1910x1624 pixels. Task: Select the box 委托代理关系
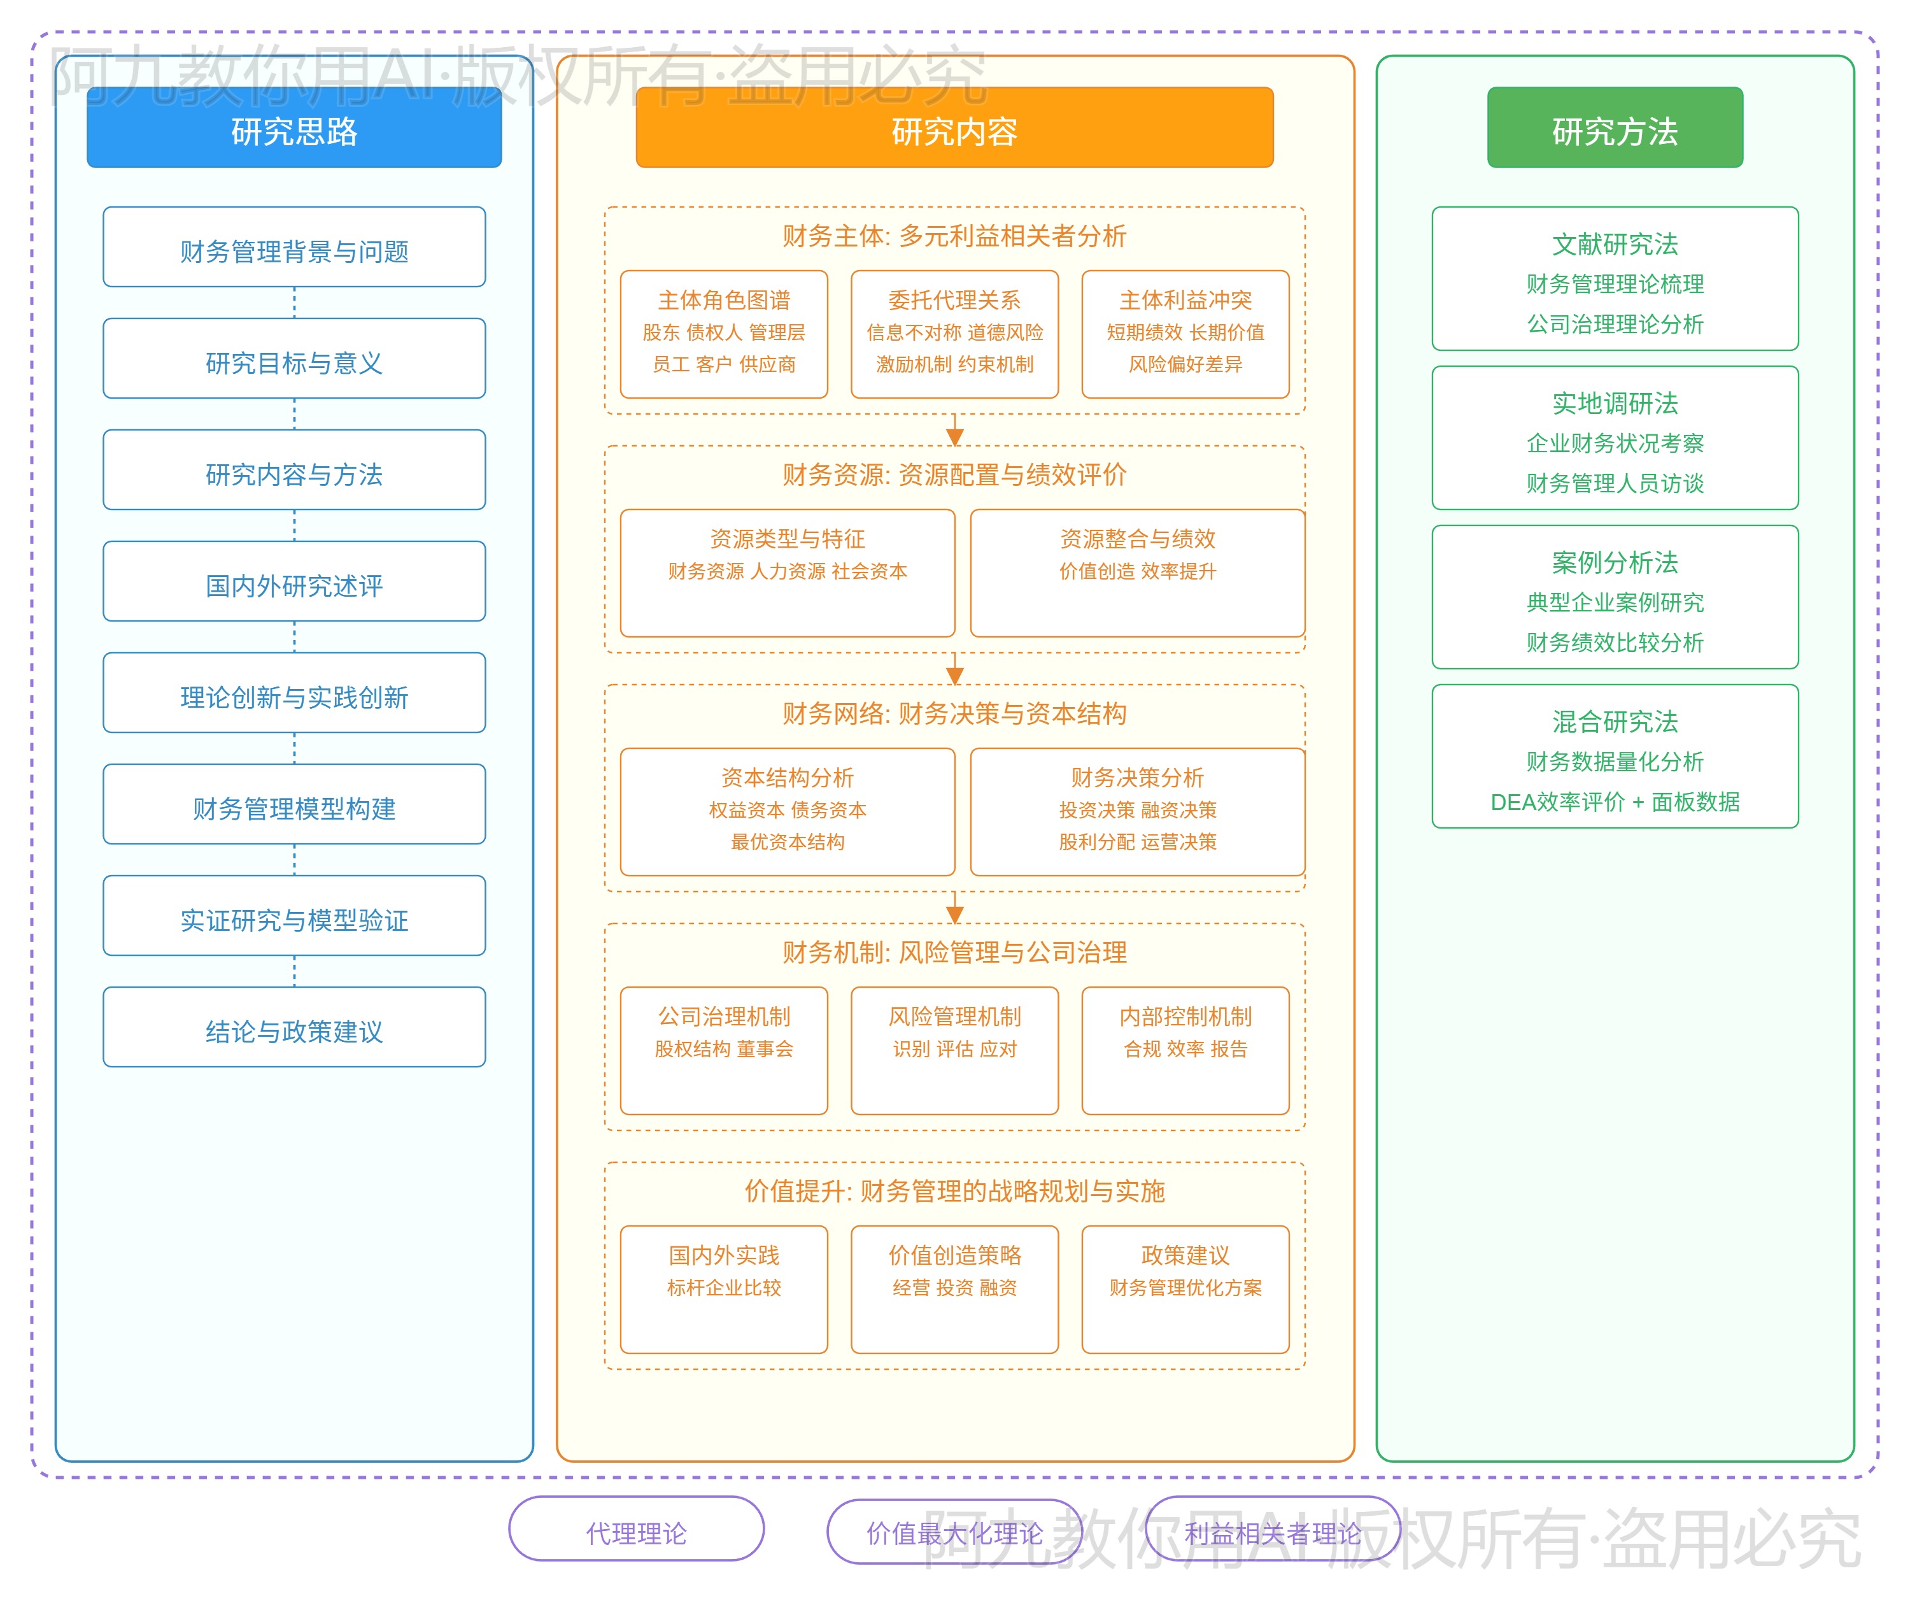point(954,333)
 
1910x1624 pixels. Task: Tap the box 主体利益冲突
point(1185,333)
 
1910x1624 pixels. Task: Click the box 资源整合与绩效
point(1137,572)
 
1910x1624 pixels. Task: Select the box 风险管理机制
point(954,1050)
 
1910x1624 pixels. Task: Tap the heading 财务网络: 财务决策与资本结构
point(954,713)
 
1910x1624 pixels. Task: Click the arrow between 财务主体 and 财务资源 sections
point(954,431)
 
